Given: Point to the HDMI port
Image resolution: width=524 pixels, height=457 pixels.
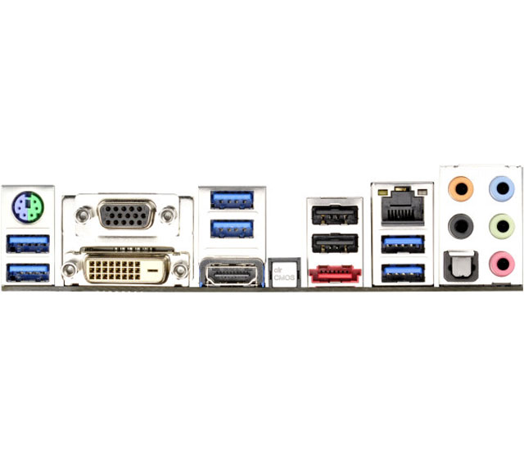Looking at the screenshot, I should tap(232, 272).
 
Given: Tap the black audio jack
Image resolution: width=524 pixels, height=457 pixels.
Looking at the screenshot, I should tap(461, 225).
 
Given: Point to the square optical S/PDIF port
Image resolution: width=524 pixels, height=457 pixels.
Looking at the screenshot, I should tap(461, 264).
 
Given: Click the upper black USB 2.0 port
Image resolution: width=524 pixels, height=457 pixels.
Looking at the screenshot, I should tap(334, 215).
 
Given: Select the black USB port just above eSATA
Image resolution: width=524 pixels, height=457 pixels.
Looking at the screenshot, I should tap(334, 243).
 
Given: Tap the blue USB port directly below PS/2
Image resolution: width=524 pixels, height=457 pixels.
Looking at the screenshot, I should tap(27, 242).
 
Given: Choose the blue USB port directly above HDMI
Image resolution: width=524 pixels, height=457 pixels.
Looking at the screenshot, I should tap(232, 228).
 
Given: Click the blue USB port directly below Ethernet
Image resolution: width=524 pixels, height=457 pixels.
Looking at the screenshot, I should tap(404, 241).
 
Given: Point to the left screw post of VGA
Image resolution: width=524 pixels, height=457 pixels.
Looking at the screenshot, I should tap(82, 215).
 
